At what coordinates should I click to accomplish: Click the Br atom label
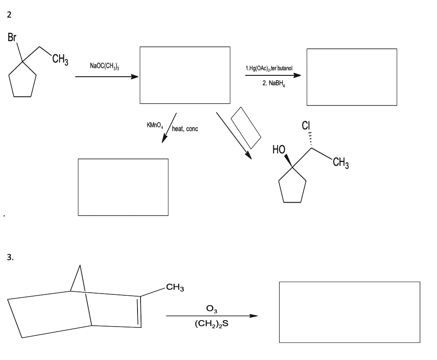pyautogui.click(x=12, y=37)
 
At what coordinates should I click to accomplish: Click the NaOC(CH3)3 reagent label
pyautogui.click(x=105, y=66)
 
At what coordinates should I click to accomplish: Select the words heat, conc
pyautogui.click(x=185, y=129)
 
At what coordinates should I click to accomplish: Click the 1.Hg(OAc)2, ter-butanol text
pyautogui.click(x=269, y=68)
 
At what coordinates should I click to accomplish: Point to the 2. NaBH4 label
pyautogui.click(x=274, y=84)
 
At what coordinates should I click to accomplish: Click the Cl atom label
pyautogui.click(x=306, y=126)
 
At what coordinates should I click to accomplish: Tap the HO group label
pyautogui.click(x=279, y=150)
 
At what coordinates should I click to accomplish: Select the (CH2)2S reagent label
pyautogui.click(x=212, y=324)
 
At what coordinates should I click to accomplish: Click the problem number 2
pyautogui.click(x=9, y=15)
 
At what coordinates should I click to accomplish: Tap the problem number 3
pyautogui.click(x=10, y=257)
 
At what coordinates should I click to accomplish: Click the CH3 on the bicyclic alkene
pyautogui.click(x=175, y=288)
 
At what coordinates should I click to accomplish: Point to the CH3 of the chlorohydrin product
pyautogui.click(x=341, y=162)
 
